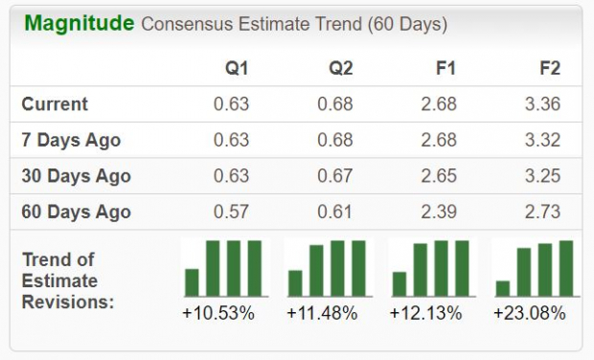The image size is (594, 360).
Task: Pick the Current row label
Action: coord(55,104)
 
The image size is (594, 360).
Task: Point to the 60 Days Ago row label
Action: coord(76,212)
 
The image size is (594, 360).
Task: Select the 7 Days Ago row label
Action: coord(71,140)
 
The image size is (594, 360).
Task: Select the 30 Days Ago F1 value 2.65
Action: coord(439,176)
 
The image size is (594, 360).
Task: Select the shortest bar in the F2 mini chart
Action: coord(503,287)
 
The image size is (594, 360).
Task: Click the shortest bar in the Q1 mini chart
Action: coord(192,281)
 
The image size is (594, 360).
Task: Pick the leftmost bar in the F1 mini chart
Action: coord(400,283)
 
